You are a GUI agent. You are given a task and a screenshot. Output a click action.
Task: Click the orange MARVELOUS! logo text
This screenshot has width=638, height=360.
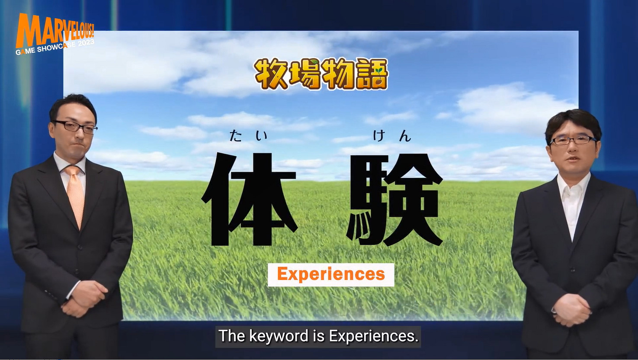coord(54,30)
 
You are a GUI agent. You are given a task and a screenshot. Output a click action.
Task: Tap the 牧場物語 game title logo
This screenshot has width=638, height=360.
coord(321,74)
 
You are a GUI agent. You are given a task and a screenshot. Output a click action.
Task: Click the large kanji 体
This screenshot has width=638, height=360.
coord(250,199)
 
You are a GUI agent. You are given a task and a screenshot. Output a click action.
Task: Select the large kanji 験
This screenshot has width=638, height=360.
coord(394,199)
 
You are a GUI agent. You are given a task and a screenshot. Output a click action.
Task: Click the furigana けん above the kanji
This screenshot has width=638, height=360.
coord(391,136)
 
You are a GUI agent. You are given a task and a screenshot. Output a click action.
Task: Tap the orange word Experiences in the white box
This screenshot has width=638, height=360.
coord(331,274)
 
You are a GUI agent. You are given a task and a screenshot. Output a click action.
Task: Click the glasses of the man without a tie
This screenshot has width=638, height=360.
coord(573,140)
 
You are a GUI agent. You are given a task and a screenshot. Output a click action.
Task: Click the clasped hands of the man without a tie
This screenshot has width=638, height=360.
coord(571,309)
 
